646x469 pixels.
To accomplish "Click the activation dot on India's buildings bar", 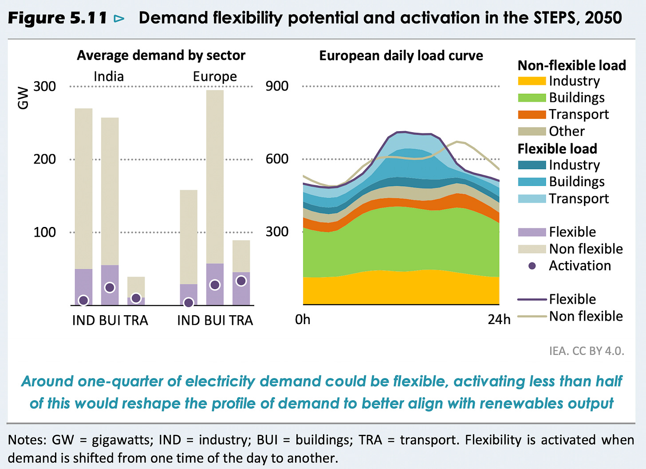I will tap(110, 287).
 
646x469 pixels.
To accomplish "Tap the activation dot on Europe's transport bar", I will tap(241, 281).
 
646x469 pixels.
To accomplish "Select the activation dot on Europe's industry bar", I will tap(189, 303).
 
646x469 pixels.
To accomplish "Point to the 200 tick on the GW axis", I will tap(44, 159).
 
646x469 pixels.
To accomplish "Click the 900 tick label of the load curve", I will tap(277, 86).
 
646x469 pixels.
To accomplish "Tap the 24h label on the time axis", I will tap(499, 320).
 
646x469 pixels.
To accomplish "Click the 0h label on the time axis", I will tap(303, 320).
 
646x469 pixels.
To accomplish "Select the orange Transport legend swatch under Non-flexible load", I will tap(532, 114).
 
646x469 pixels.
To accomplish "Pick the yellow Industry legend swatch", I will tap(532, 81).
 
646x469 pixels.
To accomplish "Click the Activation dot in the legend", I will tap(532, 266).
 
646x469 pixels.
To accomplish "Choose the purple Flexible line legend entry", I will tap(532, 300).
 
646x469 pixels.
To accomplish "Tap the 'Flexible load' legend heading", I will tap(557, 149).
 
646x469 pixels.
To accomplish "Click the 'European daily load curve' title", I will tap(401, 56).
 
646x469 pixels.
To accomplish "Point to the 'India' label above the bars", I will tap(109, 77).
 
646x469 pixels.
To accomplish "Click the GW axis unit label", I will tap(23, 98).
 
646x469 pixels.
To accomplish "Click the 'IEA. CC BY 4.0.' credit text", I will tap(587, 351).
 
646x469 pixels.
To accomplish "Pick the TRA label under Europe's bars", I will tap(241, 320).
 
